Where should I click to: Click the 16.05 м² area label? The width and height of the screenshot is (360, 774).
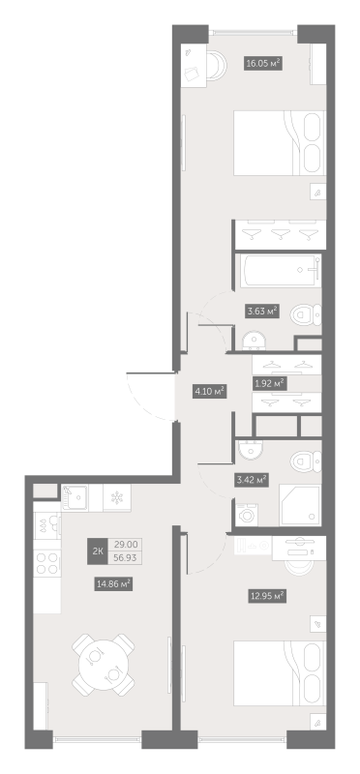(263, 63)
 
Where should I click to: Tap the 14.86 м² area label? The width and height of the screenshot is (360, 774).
(113, 584)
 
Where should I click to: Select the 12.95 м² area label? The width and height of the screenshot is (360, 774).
(267, 596)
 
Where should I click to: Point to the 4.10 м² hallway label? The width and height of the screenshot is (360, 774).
(209, 392)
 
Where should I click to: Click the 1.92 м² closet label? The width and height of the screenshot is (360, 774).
(269, 383)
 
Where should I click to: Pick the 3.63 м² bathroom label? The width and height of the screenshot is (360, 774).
(262, 311)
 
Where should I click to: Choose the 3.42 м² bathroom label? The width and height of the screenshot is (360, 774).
(252, 479)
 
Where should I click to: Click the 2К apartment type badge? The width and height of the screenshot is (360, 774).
(98, 551)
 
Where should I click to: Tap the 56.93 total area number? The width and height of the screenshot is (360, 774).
(126, 558)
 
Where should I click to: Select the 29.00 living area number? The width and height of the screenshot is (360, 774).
(126, 545)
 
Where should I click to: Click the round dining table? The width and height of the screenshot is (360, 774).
(104, 665)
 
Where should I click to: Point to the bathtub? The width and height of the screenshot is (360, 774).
(281, 271)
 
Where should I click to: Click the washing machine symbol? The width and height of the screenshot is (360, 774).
(245, 515)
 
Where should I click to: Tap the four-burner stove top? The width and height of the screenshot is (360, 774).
(47, 563)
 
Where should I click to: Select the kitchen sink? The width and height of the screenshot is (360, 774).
(75, 497)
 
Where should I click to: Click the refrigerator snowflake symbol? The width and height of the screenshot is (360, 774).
(117, 497)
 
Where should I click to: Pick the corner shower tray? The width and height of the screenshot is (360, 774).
(300, 505)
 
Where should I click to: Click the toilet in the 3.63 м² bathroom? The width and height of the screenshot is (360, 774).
(306, 314)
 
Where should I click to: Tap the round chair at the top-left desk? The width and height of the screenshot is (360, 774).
(217, 66)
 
